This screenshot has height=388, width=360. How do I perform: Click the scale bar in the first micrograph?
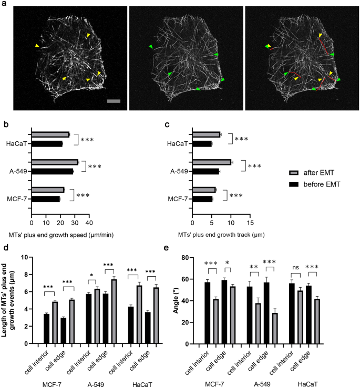click(x=114, y=100)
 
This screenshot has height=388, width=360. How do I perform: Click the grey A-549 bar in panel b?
click(x=55, y=162)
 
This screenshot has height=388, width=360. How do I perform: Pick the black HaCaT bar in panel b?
click(x=47, y=143)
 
